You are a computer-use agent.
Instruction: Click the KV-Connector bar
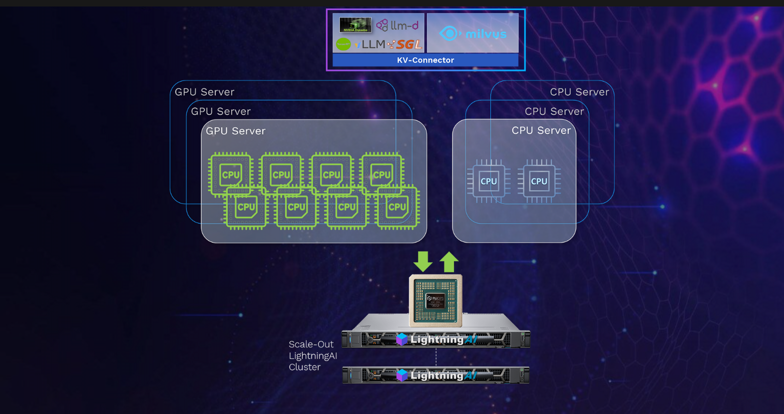[425, 60]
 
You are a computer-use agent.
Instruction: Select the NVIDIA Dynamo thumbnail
[355, 24]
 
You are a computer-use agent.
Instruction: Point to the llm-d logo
[398, 25]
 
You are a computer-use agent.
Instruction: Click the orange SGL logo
[409, 44]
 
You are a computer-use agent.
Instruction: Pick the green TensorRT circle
[343, 44]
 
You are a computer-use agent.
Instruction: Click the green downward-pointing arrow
[423, 261]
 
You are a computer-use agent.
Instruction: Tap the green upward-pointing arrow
[449, 261]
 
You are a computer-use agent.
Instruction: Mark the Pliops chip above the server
[435, 299]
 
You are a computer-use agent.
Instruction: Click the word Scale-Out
[311, 344]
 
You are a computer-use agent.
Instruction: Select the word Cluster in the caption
[305, 367]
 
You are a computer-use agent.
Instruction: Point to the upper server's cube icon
[401, 339]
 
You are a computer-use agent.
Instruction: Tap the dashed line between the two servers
[436, 357]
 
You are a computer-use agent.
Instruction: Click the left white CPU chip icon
[488, 181]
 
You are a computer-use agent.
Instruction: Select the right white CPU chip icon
[539, 181]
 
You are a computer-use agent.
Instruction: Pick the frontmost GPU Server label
[236, 131]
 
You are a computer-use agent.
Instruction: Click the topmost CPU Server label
[579, 92]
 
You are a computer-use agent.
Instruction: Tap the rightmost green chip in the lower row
[397, 207]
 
